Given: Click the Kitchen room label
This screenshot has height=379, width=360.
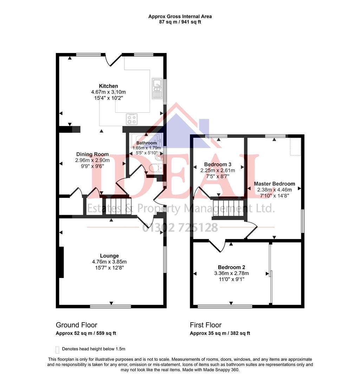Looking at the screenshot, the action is tap(109, 86).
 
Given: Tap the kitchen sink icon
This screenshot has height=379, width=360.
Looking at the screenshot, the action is tap(157, 88).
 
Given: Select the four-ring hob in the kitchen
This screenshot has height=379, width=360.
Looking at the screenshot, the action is tap(132, 119).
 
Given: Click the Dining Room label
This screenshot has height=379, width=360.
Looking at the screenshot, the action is tap(92, 154).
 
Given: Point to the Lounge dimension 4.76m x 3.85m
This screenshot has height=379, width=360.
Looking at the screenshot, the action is tap(109, 262).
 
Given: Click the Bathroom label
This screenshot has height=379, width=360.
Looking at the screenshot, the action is tap(146, 143).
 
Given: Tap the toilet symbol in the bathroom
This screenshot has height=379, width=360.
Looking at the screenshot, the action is tap(156, 168).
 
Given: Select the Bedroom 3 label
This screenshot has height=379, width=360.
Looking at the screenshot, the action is tap(218, 164).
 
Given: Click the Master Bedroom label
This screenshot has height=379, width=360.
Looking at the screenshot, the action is tap(274, 184).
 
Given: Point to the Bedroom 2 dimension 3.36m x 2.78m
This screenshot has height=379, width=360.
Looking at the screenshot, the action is tap(231, 273).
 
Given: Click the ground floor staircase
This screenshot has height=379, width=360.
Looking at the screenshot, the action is tap(117, 206).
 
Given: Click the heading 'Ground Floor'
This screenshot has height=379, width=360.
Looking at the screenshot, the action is tap(77, 325).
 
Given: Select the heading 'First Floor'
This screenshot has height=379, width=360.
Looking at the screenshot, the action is tap(206, 325).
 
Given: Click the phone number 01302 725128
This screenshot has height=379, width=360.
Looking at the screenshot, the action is tap(180, 228).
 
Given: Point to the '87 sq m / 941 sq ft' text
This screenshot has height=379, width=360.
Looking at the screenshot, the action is tap(180, 22).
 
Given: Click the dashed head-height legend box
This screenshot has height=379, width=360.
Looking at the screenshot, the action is tap(57, 350).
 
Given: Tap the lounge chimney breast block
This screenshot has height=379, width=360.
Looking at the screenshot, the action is tap(61, 262).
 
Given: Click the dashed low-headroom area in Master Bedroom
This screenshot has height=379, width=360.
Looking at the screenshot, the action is tap(295, 147).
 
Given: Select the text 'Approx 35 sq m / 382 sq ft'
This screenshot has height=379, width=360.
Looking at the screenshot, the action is tap(220, 333).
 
